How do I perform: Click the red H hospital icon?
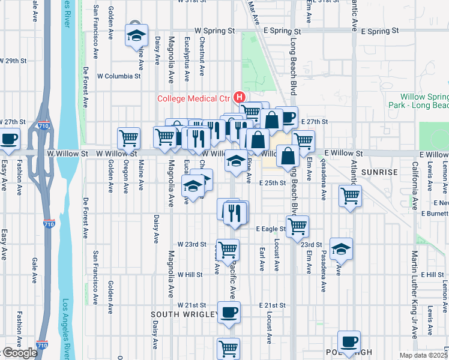pos(240,97)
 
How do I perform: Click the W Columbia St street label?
pos(119,76)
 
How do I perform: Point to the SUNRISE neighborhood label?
pos(379,172)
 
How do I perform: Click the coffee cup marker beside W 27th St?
pos(9,139)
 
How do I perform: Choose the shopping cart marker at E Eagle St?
pos(297,226)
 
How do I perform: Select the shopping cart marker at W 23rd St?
pos(228,250)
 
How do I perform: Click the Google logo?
pos(20,353)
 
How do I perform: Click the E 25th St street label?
pos(271,183)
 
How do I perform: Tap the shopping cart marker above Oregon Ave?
pos(129,138)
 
